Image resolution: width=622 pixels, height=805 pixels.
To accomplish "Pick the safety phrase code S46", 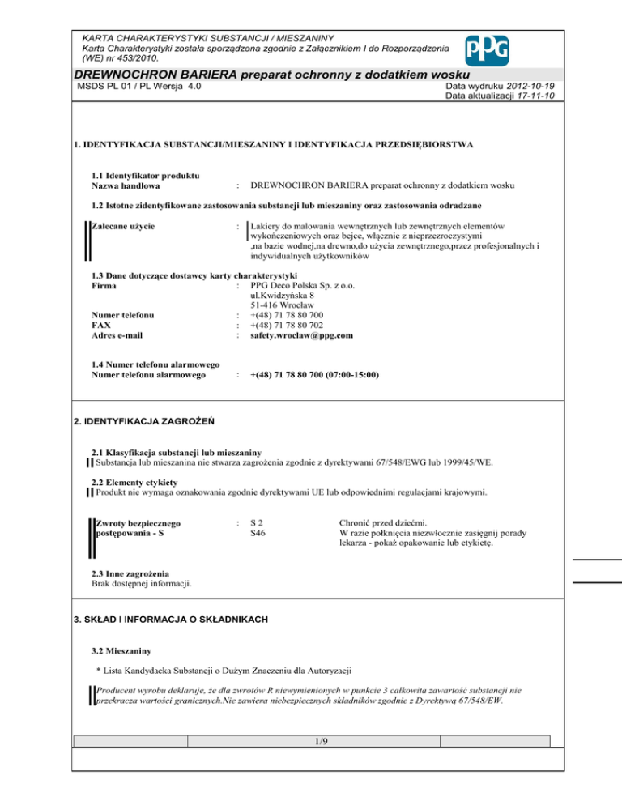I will tap(258, 534).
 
